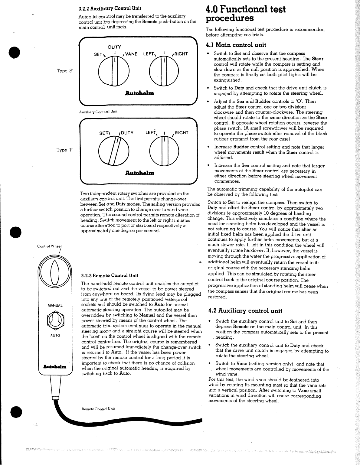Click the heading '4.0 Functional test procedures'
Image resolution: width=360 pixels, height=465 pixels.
(x=245, y=14)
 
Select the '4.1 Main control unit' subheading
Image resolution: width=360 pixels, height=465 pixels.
(x=236, y=45)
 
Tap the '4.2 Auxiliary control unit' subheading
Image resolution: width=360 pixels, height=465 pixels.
(x=245, y=311)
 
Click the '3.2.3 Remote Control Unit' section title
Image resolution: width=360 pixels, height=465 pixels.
(x=110, y=275)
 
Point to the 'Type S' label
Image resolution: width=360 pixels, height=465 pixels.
(x=65, y=71)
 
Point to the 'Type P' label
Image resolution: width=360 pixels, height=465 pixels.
(x=65, y=150)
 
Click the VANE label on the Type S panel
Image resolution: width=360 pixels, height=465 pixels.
(x=131, y=54)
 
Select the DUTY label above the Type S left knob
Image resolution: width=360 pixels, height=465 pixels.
(x=115, y=47)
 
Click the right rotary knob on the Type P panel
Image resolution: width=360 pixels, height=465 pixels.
(x=164, y=151)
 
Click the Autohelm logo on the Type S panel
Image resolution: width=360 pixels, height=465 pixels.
(x=139, y=93)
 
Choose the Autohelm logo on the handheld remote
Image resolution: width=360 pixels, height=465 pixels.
(x=55, y=366)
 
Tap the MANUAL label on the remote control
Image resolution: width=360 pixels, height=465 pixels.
(x=55, y=306)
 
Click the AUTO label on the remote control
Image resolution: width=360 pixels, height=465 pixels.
(x=55, y=335)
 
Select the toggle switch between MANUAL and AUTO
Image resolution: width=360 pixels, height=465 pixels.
(x=55, y=320)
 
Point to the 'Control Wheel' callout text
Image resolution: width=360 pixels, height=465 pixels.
(x=49, y=246)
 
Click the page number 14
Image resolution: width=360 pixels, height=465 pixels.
(x=35, y=425)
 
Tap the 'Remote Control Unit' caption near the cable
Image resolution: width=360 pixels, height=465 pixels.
(x=98, y=409)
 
